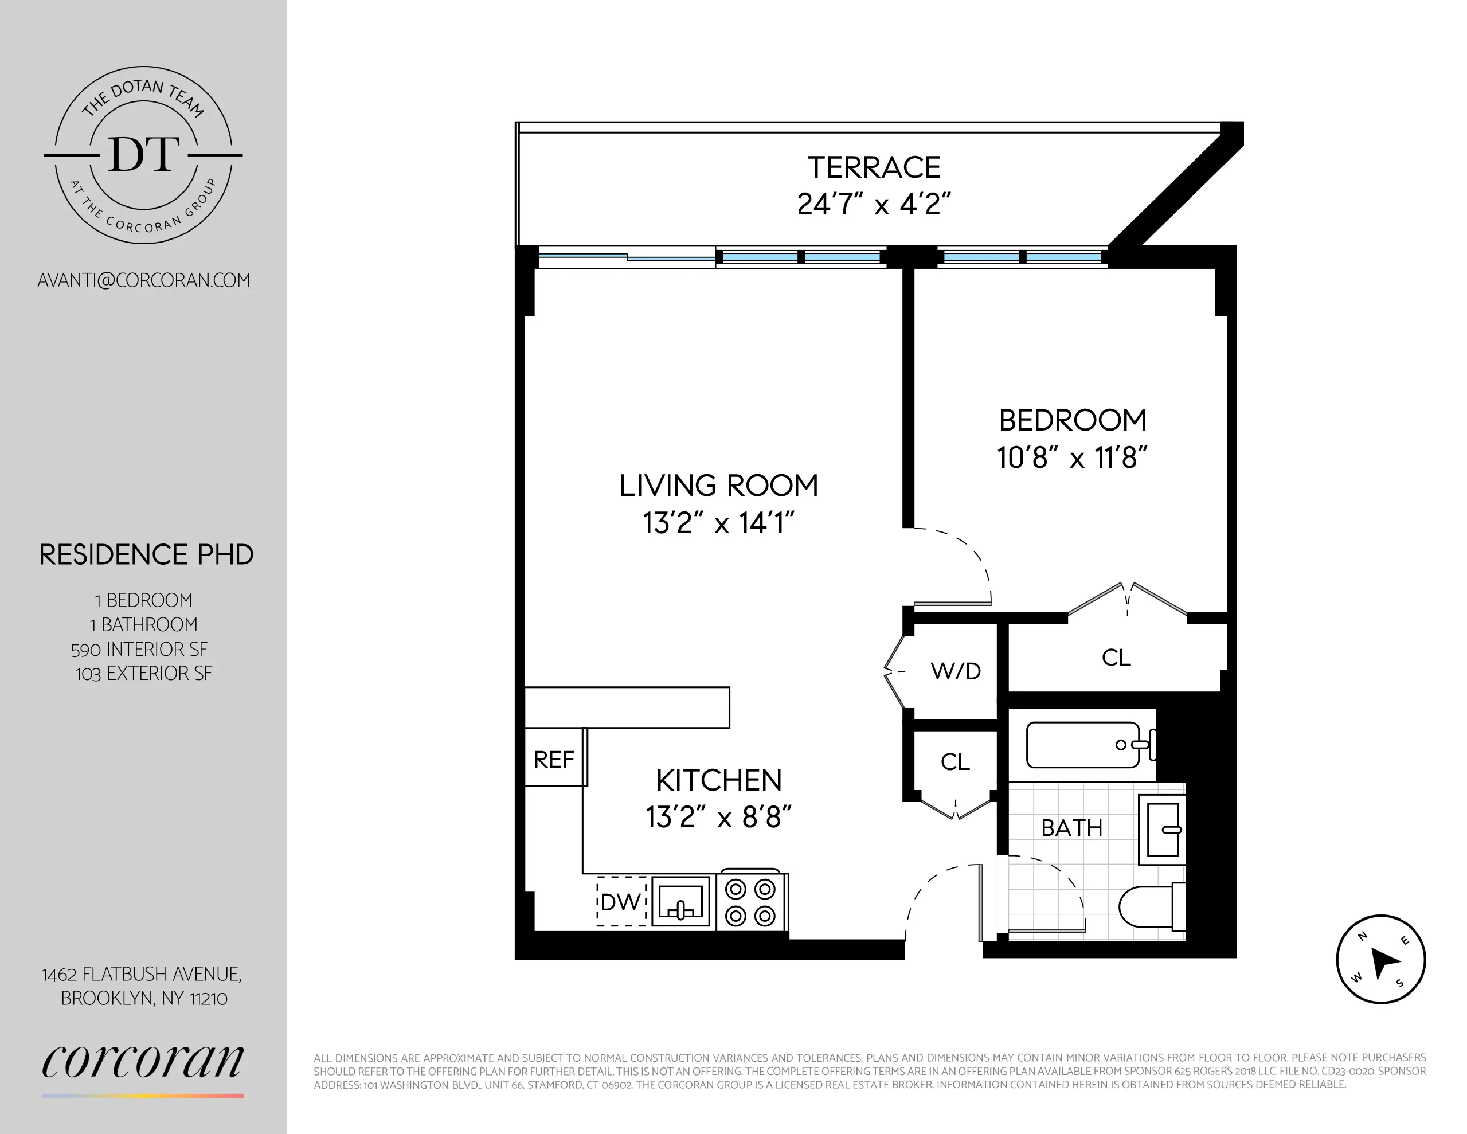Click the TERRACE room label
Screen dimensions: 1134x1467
point(873,168)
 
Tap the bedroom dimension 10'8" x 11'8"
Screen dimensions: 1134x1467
point(1072,458)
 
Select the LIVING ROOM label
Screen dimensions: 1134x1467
point(718,486)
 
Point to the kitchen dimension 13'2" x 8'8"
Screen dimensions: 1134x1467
point(718,818)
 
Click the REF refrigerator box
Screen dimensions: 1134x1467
point(554,759)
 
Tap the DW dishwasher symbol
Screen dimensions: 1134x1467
point(621,902)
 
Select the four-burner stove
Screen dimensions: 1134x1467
point(751,902)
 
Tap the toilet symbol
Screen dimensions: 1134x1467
point(1150,907)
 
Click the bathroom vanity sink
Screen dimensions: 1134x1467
point(1162,830)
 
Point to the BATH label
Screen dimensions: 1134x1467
point(1071,828)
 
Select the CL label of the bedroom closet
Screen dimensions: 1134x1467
point(1116,658)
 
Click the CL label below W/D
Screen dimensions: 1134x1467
point(954,762)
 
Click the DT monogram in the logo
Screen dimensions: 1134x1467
point(144,155)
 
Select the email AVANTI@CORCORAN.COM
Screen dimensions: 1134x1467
point(144,280)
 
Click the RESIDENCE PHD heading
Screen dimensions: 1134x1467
point(146,555)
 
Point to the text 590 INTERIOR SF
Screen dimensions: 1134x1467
point(139,649)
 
